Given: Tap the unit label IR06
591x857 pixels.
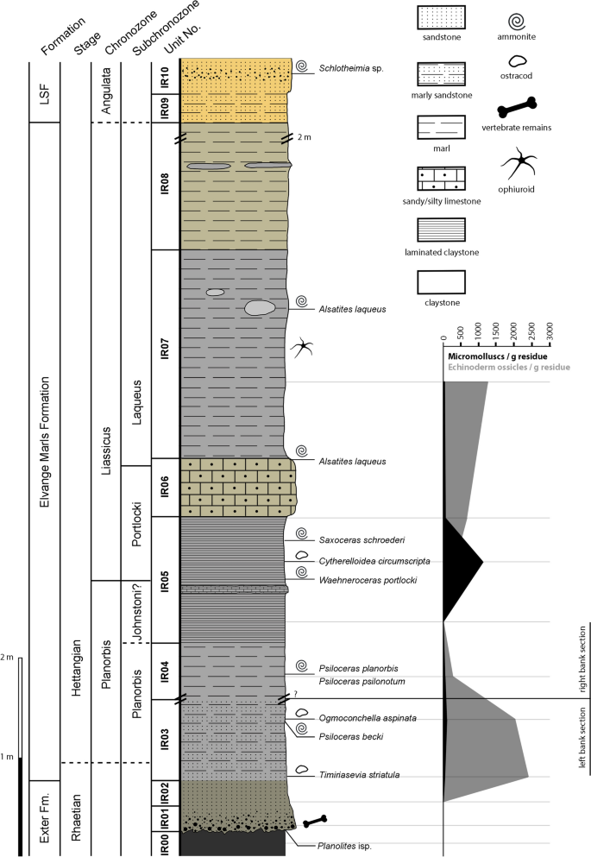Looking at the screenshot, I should (164, 488).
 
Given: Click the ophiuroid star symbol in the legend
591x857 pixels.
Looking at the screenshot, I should (515, 165).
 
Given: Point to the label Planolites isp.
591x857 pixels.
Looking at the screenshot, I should (346, 847).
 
